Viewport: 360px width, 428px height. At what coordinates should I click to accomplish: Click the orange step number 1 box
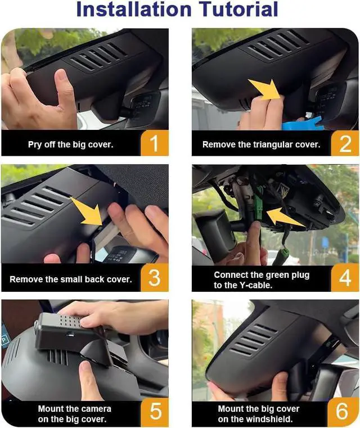154,143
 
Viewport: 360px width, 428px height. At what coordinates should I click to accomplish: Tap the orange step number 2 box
345,143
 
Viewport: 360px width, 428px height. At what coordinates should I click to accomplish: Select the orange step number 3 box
154,279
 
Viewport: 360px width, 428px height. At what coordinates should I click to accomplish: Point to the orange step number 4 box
345,279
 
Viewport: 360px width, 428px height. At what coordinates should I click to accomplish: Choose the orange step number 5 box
154,412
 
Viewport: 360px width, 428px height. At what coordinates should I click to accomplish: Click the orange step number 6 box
345,412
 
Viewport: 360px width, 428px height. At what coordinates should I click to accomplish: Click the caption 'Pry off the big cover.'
70,145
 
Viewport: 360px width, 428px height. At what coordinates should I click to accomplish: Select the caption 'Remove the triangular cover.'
261,145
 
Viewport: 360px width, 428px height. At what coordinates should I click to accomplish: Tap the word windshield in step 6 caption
274,418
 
